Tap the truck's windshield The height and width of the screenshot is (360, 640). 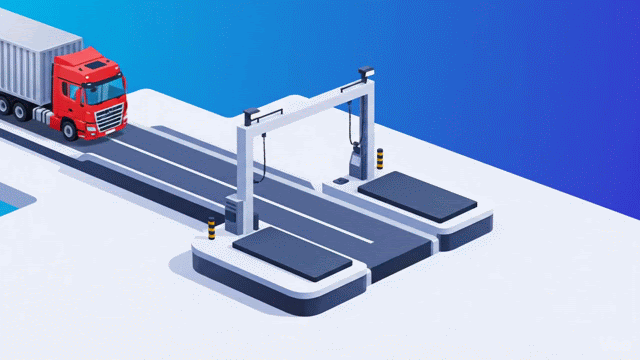[x=104, y=91]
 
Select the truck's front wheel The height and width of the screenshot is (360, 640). [x=69, y=128]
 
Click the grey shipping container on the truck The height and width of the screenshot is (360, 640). [x=35, y=60]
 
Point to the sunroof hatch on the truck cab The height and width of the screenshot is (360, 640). [x=95, y=64]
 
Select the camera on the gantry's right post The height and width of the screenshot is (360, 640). [x=365, y=72]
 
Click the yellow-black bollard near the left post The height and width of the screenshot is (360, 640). [x=211, y=228]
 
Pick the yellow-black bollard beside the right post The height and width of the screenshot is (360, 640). [x=380, y=158]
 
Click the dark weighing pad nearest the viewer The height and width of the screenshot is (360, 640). [x=291, y=254]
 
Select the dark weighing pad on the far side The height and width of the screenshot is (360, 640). [x=417, y=195]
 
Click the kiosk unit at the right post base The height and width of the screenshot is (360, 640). [x=355, y=163]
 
